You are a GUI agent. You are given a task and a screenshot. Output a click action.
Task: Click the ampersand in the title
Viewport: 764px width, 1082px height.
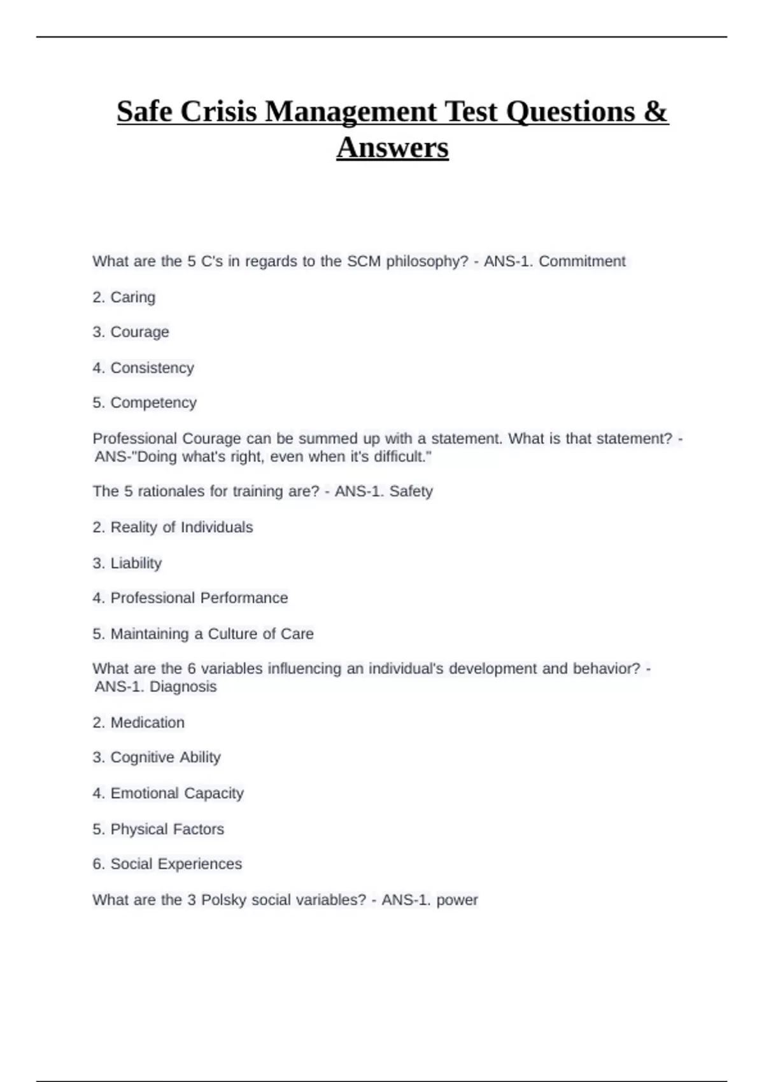click(x=656, y=112)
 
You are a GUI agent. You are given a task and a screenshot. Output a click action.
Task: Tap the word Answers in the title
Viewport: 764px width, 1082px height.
click(x=392, y=148)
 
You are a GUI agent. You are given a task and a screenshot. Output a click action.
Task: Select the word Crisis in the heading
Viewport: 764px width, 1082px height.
click(x=220, y=112)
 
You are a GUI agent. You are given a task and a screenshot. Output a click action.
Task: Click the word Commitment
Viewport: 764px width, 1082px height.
click(x=582, y=262)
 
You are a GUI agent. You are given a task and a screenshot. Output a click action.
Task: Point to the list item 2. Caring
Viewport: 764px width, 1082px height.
click(x=124, y=297)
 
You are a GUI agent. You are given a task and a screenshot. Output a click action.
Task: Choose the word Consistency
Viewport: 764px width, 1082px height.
click(x=152, y=368)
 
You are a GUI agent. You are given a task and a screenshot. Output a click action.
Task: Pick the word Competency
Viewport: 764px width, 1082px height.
click(x=153, y=403)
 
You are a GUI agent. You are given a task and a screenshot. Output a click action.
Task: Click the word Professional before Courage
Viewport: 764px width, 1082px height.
click(x=135, y=439)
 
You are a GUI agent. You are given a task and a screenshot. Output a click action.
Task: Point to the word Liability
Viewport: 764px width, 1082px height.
click(x=136, y=563)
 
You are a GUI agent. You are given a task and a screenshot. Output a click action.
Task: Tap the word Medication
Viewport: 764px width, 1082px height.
click(x=147, y=722)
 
